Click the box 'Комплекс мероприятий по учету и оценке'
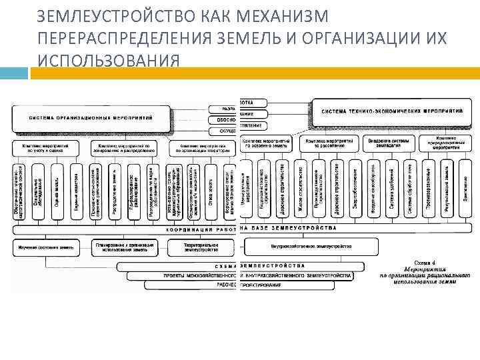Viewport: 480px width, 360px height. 44,147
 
